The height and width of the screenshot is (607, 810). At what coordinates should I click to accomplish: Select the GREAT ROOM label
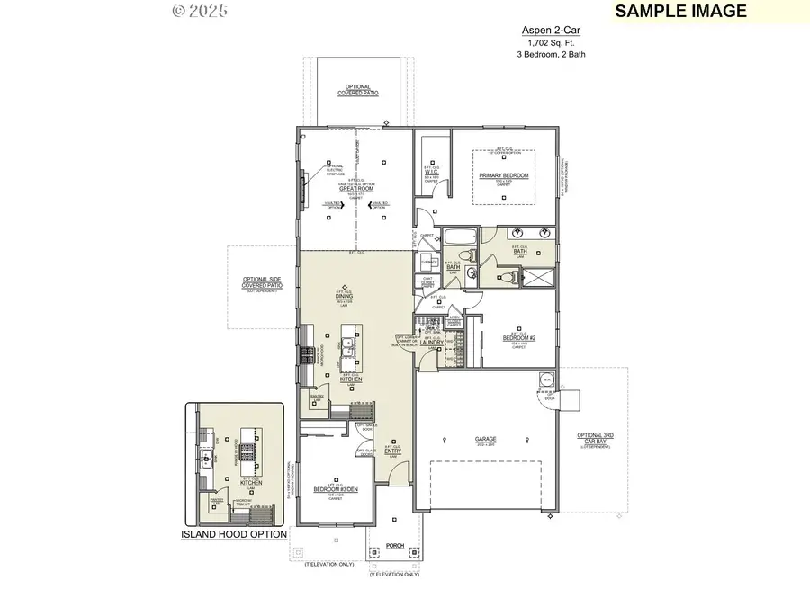coord(355,188)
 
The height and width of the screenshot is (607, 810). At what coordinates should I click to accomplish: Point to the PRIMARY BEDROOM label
coord(503,175)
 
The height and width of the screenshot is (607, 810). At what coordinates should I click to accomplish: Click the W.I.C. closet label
coord(431,173)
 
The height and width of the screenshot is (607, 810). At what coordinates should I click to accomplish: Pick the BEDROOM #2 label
coord(518,338)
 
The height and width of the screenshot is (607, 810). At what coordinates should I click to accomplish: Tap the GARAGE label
coord(486,441)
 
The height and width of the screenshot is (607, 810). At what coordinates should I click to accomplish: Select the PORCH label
coord(394,545)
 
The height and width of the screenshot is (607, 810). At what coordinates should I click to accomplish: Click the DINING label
coord(344,296)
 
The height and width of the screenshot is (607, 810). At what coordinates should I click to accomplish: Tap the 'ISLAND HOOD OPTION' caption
coord(234,534)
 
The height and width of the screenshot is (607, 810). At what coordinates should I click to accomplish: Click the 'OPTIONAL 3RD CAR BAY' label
coord(594,439)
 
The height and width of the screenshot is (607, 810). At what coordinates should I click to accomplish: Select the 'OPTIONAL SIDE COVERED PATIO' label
coord(262,282)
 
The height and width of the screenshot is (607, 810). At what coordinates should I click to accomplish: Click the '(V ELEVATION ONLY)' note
coord(394,574)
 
